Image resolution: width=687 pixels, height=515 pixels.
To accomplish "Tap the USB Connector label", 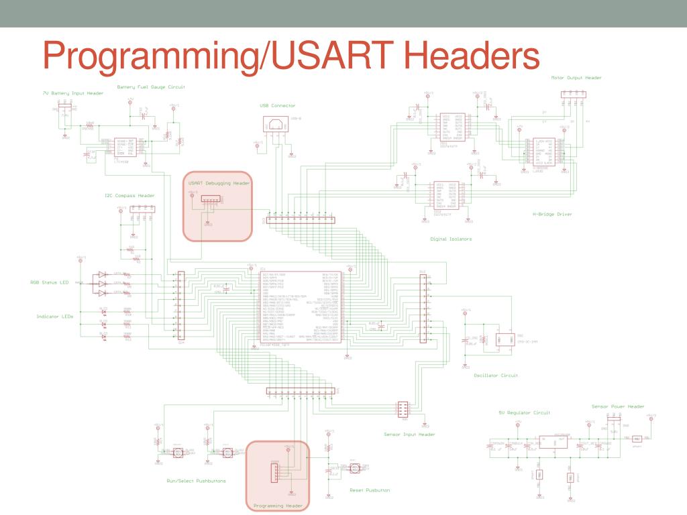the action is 277,105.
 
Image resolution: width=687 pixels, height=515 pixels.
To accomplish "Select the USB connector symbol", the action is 276,124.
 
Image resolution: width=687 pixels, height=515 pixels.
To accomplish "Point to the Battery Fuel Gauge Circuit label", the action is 150,87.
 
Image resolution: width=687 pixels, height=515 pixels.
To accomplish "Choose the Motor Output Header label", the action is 576,78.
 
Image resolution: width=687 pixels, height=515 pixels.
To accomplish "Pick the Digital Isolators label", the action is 451,238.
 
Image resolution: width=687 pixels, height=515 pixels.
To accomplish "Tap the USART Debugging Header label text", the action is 219,182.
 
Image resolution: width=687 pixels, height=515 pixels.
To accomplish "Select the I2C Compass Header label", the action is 129,196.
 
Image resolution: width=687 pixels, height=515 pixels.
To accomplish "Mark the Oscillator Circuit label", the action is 496,376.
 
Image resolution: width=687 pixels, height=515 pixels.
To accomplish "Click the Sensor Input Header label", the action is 409,435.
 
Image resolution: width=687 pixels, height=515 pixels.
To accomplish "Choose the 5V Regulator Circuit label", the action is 525,412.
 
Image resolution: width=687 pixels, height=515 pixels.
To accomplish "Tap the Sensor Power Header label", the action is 617,406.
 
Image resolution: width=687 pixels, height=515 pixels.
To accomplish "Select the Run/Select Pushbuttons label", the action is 196,481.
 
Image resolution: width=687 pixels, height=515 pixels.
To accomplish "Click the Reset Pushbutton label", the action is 370,490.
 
